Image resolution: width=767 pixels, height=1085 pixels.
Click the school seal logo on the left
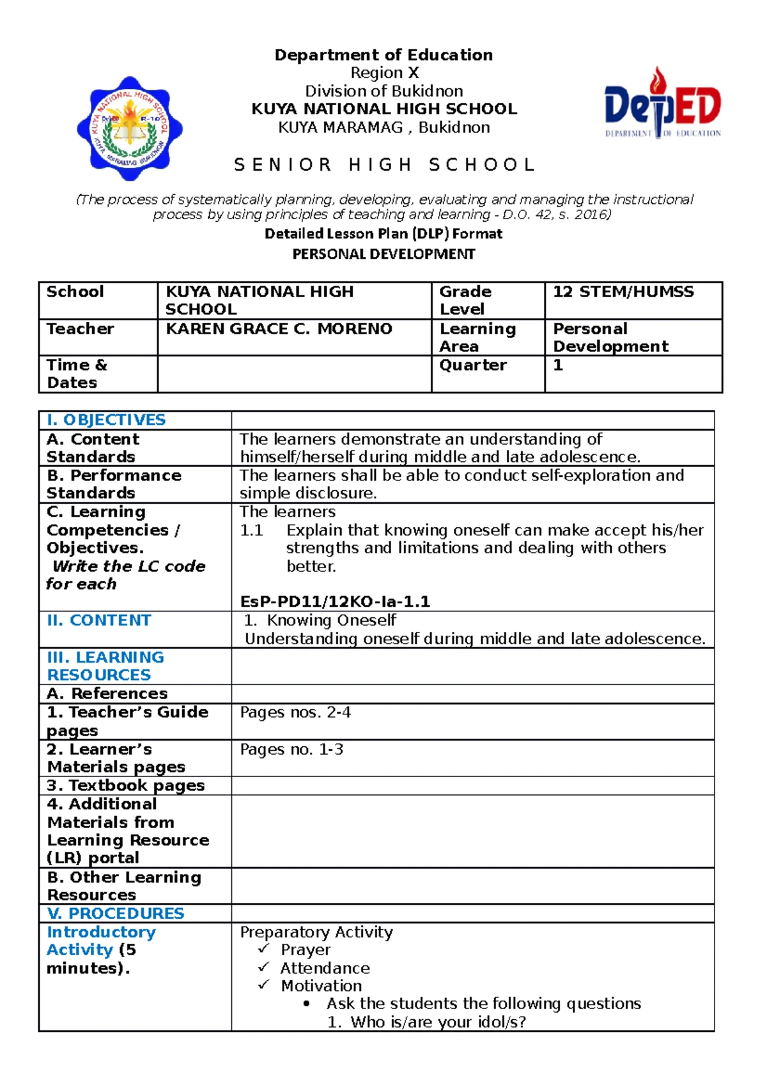tap(130, 128)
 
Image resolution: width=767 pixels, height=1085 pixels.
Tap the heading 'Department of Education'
tap(383, 55)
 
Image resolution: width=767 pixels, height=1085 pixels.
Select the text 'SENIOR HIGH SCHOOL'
tap(384, 165)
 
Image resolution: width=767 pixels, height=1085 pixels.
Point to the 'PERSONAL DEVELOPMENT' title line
tap(383, 254)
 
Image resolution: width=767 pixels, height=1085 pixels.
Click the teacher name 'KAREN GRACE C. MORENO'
tap(279, 329)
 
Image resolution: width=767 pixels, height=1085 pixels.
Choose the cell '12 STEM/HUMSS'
tap(623, 292)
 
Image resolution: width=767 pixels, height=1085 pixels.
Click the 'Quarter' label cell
tap(472, 366)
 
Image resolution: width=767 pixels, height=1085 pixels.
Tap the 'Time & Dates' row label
tap(76, 374)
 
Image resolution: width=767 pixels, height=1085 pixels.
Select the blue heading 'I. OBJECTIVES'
tap(106, 420)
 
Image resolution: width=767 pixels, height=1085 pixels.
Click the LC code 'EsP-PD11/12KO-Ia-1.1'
tap(335, 602)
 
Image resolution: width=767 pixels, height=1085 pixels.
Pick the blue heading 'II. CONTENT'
tap(99, 620)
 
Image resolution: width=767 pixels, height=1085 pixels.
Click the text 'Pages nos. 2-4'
tap(295, 712)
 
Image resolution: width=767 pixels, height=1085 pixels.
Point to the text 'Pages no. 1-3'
tap(291, 750)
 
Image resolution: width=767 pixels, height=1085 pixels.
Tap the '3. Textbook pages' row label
tap(126, 785)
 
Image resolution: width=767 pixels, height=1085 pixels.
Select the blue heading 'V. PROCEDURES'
tap(116, 914)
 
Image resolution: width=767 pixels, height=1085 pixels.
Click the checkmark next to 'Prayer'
tap(263, 949)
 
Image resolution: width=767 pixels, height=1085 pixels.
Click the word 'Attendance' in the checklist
tap(325, 969)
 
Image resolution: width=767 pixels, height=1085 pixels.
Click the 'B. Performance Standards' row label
tap(114, 484)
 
